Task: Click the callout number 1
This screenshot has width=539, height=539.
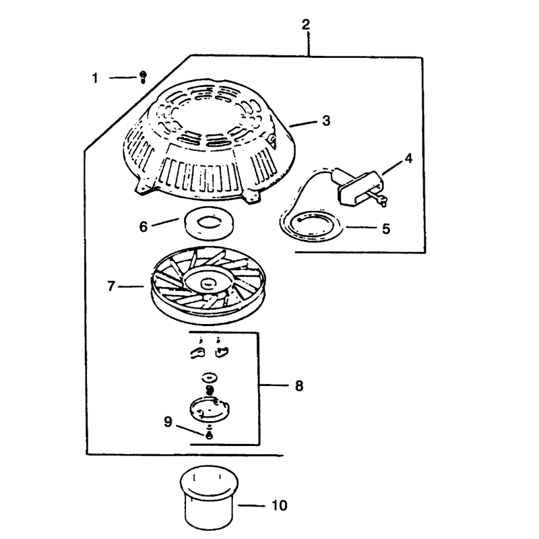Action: click(95, 78)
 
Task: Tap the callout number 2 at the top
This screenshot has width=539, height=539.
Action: click(306, 24)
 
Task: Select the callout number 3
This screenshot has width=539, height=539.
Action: click(326, 121)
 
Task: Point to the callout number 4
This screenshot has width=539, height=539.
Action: click(408, 158)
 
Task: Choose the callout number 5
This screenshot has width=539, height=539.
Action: click(386, 228)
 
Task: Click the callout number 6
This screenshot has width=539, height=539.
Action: click(144, 226)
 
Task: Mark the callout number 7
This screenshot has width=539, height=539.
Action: click(110, 286)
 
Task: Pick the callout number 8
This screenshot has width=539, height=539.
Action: click(299, 385)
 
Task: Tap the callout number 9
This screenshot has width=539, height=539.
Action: click(168, 422)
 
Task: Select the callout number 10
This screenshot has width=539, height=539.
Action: click(280, 505)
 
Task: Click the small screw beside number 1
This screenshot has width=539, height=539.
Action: click(143, 77)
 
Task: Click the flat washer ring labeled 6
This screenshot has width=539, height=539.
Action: click(209, 223)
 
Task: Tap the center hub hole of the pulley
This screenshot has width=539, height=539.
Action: click(208, 283)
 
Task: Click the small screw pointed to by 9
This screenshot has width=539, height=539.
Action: click(209, 435)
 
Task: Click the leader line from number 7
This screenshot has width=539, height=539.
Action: click(131, 286)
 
